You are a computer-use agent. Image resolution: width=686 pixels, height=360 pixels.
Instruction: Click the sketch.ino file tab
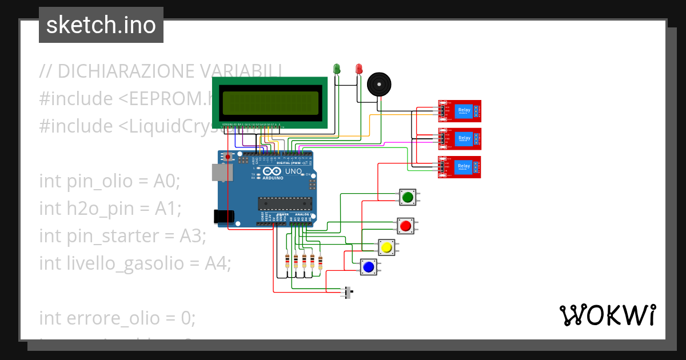point(101,25)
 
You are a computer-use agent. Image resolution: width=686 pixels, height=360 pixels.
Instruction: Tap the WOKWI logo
point(607,315)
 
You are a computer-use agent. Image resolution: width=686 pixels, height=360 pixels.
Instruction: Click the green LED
point(337,69)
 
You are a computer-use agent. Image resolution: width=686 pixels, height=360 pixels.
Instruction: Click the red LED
point(358,69)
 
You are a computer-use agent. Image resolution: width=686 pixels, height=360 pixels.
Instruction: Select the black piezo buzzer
point(379,85)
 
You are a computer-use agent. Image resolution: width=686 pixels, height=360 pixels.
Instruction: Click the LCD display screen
point(270,103)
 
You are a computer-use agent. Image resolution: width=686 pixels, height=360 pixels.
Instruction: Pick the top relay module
point(460,111)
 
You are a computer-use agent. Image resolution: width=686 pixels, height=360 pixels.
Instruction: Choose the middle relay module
point(460,139)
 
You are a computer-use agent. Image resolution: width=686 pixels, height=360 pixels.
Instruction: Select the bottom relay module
point(460,167)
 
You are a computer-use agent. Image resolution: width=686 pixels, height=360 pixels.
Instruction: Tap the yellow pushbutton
point(386,247)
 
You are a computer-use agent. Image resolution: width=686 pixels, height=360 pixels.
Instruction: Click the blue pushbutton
point(369,267)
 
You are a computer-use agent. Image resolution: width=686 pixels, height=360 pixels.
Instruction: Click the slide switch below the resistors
point(348,293)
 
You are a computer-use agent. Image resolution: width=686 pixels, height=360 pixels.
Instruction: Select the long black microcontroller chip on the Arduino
point(285,203)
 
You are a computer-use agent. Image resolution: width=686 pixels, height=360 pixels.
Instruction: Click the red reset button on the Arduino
point(228,156)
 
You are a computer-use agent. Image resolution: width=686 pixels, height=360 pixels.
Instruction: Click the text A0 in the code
point(166,182)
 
